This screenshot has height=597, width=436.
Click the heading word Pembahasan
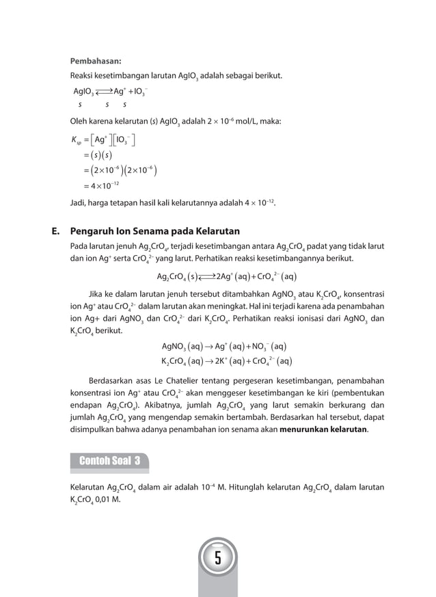point(96,59)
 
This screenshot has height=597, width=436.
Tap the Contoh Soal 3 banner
point(109,460)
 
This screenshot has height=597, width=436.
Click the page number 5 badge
point(217,559)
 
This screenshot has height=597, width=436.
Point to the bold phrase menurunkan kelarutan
point(323,430)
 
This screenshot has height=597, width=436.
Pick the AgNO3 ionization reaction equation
point(224,346)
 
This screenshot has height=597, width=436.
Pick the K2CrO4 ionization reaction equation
point(226,360)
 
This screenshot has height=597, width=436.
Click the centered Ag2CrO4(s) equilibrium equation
point(226,277)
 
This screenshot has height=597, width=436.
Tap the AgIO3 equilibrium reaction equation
point(109,92)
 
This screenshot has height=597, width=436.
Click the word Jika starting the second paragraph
point(98,294)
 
